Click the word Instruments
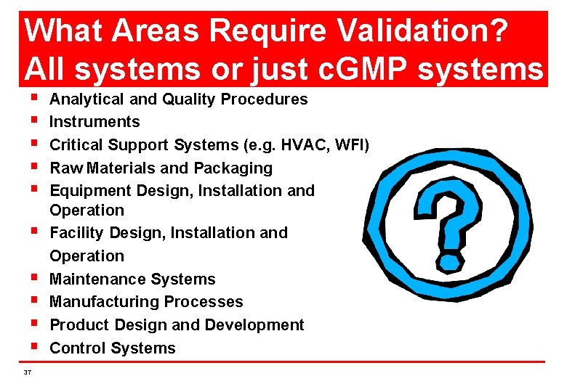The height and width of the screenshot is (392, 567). [94, 121]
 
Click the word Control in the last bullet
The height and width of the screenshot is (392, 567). [76, 348]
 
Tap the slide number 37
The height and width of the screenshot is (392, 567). [28, 372]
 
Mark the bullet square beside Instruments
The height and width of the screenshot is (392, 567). [34, 121]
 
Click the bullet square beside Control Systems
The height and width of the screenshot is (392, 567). [34, 348]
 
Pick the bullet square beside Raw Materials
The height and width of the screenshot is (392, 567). [34, 168]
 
